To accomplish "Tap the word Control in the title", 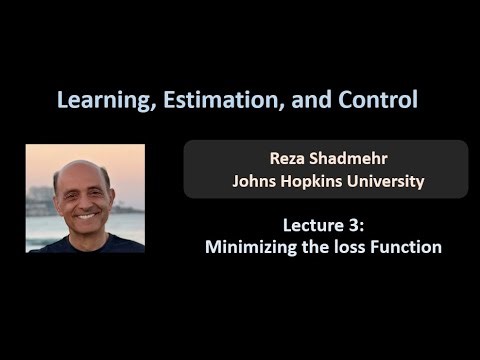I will pyautogui.click(x=375, y=100).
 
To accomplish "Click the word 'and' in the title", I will pyautogui.click(x=311, y=100).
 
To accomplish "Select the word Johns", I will pyautogui.click(x=255, y=181).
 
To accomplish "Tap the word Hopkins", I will pyautogui.click(x=318, y=182).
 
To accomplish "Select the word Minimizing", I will pyautogui.click(x=251, y=247).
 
